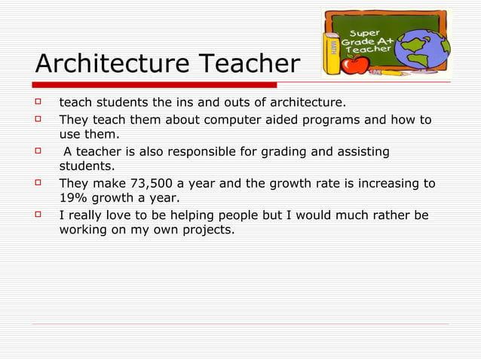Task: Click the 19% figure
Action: point(73,198)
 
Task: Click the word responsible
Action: point(204,152)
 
